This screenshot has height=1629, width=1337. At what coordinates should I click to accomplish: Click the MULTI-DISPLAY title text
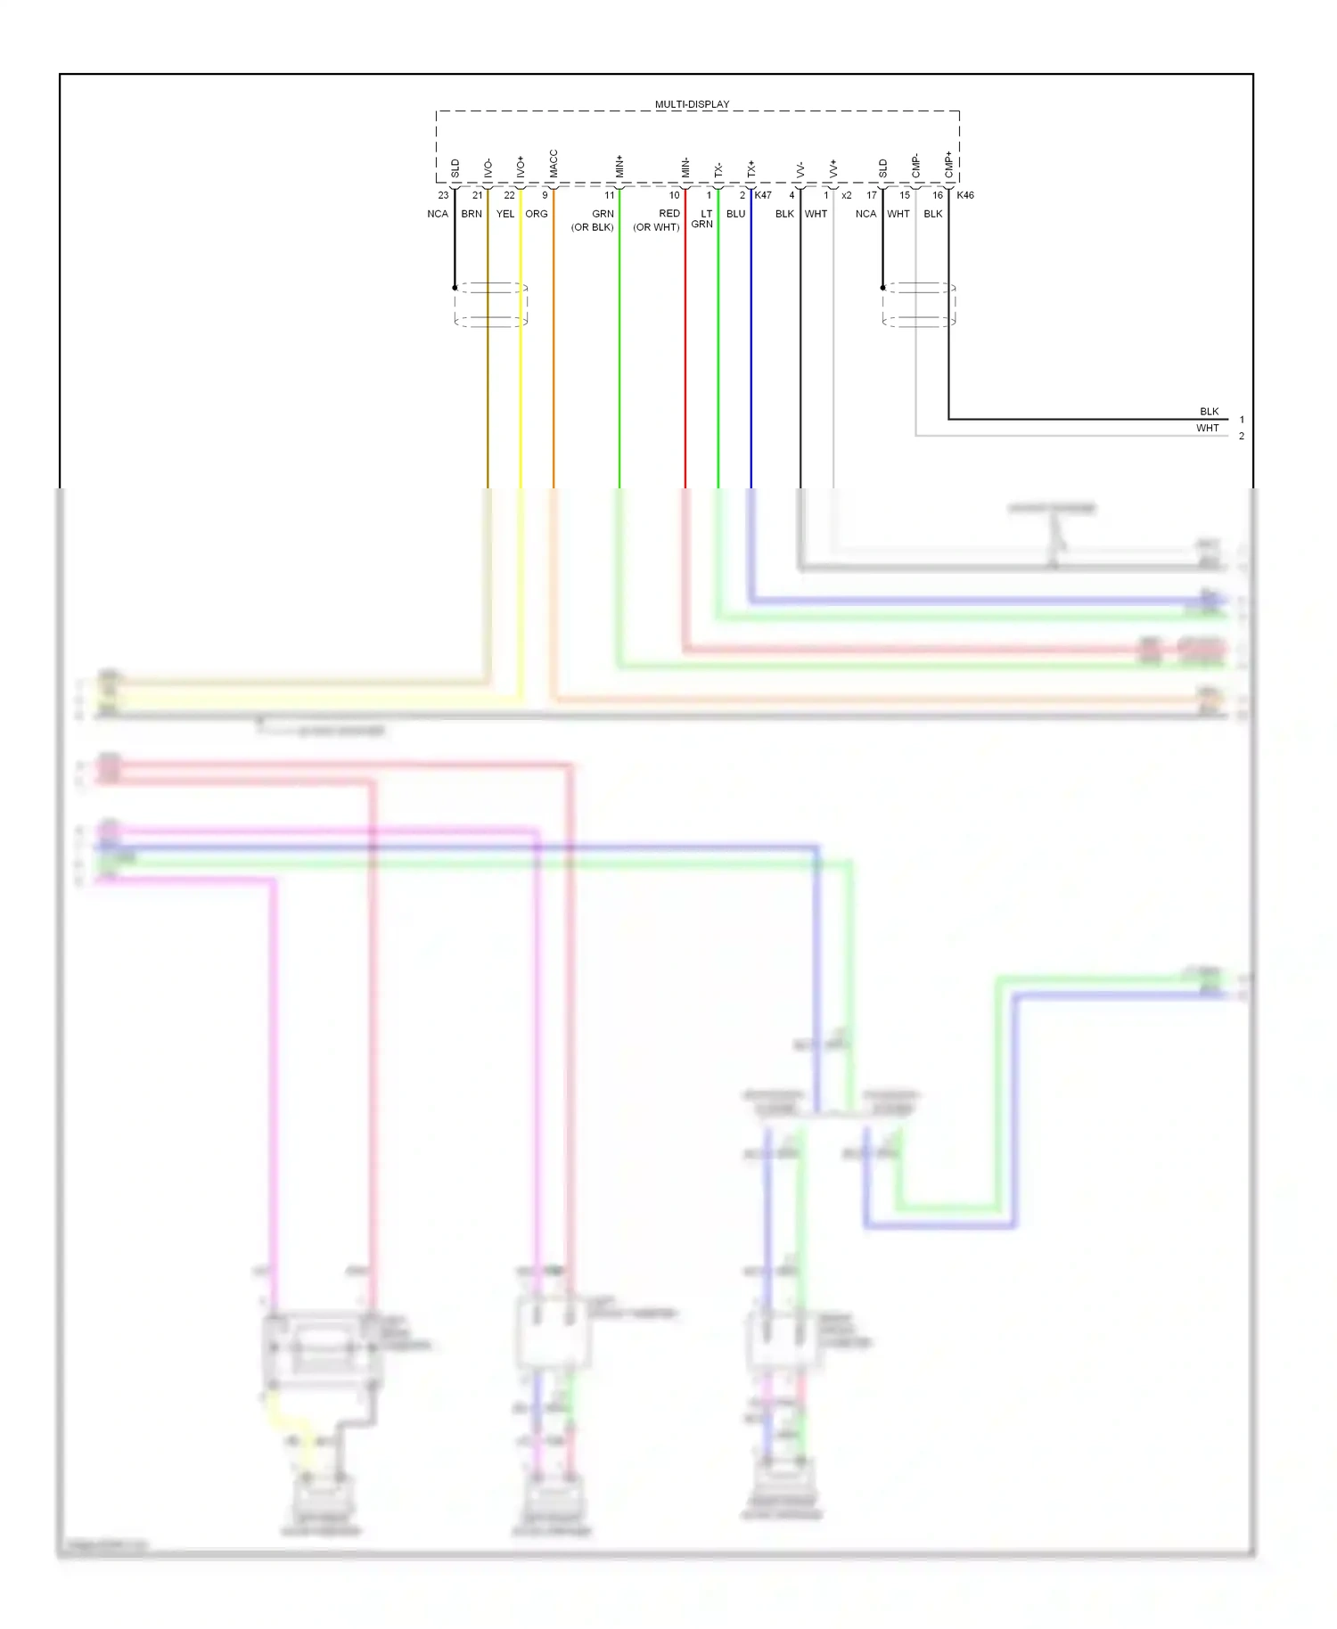[692, 104]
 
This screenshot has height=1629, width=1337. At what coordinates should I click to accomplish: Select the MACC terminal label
[554, 164]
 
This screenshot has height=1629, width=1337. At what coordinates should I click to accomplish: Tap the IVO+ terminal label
[521, 167]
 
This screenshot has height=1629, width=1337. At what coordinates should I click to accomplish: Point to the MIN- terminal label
[685, 167]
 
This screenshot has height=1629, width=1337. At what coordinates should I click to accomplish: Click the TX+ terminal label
[751, 168]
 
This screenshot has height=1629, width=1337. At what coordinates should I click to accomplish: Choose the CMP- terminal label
[915, 166]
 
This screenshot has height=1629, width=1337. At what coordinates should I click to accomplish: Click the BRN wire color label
[472, 214]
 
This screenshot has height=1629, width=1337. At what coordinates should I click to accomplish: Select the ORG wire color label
[537, 214]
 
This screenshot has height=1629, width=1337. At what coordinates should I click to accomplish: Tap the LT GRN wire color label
[703, 219]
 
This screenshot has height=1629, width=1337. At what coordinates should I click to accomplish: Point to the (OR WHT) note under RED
[657, 227]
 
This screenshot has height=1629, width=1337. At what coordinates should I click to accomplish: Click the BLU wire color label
[735, 214]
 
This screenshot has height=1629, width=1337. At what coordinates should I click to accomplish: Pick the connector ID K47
[763, 195]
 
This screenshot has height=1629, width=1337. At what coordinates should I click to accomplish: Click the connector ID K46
[965, 195]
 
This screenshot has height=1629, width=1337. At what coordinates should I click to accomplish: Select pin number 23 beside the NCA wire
[443, 195]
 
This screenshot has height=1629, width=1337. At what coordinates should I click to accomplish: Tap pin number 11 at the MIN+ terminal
[610, 195]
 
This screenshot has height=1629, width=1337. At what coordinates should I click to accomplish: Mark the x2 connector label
[846, 195]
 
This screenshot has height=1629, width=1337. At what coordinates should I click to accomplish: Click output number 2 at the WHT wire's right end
[1241, 436]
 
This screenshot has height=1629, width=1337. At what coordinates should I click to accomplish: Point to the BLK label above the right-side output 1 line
[1209, 412]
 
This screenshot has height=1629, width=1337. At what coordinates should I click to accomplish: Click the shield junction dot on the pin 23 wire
[455, 288]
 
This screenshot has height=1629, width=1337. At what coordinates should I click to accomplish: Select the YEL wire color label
[505, 214]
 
